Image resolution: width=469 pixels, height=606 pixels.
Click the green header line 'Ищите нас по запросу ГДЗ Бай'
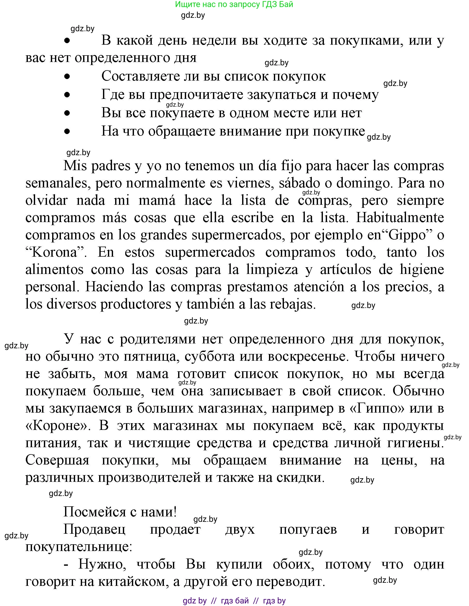pos(234,4)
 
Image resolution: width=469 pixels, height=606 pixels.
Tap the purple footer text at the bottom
pos(234,601)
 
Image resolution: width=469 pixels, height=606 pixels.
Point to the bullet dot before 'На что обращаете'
pos(67,131)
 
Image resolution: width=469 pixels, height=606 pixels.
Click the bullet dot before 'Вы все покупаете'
pos(67,113)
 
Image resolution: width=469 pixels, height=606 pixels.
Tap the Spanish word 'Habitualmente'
pos(400,218)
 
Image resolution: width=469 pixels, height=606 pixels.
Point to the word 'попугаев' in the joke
pos(308,529)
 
